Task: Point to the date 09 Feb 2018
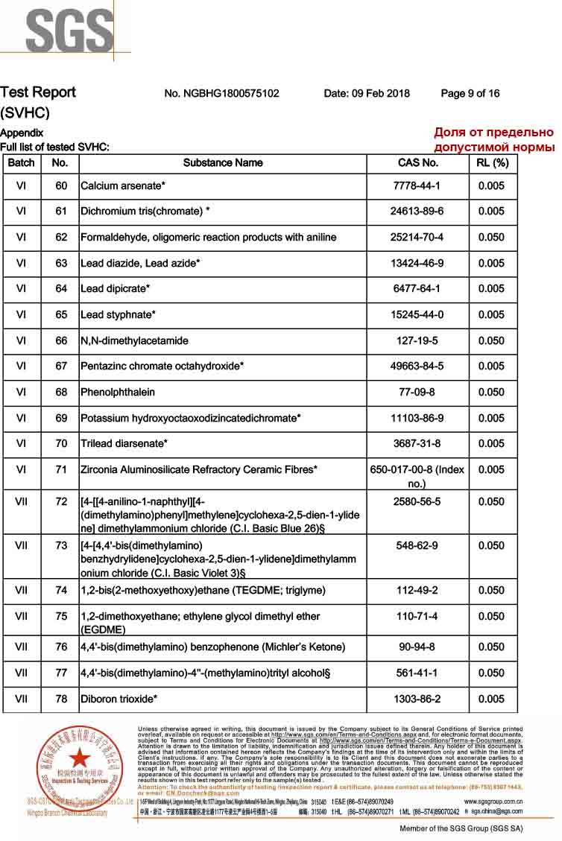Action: [x=367, y=93]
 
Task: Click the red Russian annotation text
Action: [x=494, y=139]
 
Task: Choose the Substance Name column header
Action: [x=223, y=162]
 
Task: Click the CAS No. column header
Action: [x=418, y=162]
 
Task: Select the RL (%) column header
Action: [x=492, y=162]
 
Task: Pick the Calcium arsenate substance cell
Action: [x=123, y=185]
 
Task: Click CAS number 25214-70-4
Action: [x=417, y=237]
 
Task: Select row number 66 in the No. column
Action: [x=60, y=340]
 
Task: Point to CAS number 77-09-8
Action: [x=417, y=392]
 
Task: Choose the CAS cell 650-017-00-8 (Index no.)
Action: [x=417, y=476]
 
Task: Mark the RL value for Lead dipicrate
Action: [x=492, y=288]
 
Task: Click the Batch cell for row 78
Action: [x=21, y=699]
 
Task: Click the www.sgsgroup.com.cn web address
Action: [x=493, y=802]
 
